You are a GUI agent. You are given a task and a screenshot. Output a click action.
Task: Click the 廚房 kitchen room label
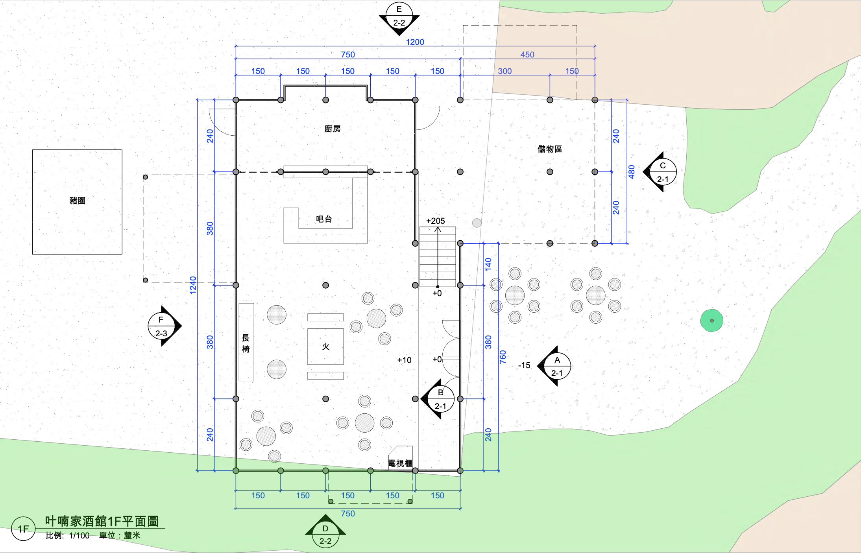point(332,129)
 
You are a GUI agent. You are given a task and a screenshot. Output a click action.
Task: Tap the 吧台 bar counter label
point(324,219)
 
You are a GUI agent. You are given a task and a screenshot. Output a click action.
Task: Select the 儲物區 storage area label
point(549,149)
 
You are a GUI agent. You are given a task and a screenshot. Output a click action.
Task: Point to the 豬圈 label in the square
point(77,201)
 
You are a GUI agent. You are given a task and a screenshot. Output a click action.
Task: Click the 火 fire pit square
point(325,347)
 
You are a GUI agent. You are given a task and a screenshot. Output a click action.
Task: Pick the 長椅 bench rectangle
point(246,342)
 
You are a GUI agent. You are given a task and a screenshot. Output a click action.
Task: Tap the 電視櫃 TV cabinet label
point(400,463)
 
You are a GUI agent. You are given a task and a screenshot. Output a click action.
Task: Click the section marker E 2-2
point(399,16)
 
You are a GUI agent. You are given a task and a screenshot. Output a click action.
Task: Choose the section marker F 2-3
point(162,326)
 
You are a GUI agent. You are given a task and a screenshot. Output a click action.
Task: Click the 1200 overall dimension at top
point(415,42)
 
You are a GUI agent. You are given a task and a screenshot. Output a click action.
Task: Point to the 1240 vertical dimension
point(193,285)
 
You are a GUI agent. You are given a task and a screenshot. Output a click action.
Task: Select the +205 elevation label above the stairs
point(435,221)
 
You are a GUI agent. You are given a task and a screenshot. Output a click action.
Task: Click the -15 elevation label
point(524,365)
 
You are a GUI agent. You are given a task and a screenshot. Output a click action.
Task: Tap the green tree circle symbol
point(711,321)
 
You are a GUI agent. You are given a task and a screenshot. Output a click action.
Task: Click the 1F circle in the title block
point(23,529)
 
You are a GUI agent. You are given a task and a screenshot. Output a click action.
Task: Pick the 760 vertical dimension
point(503,357)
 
